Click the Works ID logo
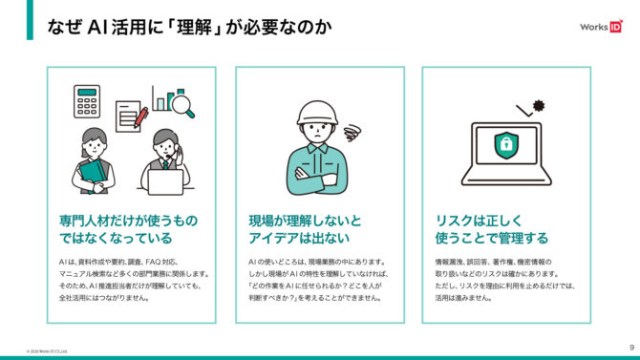tap(601, 27)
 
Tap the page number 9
tap(631, 348)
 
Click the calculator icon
tap(87, 101)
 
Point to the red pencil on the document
tap(141, 117)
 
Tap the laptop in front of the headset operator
tap(165, 182)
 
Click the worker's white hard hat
tap(317, 113)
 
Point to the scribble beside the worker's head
tap(352, 133)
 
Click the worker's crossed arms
tap(317, 176)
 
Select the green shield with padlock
tap(506, 145)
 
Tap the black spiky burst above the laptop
tap(539, 106)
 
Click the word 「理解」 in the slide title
tap(194, 27)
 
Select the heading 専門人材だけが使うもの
tap(129, 221)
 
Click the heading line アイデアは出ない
tap(299, 238)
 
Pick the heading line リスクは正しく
tap(479, 221)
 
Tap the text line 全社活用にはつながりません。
tap(104, 298)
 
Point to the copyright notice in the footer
tap(47, 351)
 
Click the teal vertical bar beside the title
tap(30, 20)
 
